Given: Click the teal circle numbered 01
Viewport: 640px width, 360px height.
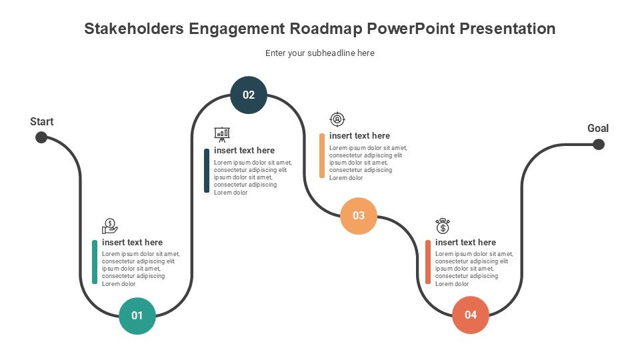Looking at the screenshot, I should [137, 316].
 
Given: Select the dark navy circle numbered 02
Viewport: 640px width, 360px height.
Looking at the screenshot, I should [249, 95].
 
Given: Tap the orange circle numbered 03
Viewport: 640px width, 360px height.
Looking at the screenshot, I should [359, 215].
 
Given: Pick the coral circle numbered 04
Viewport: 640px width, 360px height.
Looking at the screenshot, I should [471, 315].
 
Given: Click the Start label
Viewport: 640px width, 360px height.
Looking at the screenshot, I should [41, 121].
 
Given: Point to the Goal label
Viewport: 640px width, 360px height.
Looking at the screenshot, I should [598, 128].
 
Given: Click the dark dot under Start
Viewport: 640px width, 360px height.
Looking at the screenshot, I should [41, 137].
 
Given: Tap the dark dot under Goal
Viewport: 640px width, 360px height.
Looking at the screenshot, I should [599, 144].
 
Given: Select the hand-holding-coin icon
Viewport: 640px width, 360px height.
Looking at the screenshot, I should [110, 226].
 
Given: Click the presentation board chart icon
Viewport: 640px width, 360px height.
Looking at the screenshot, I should [222, 134].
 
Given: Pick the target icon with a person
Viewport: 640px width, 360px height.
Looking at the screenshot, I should [337, 119].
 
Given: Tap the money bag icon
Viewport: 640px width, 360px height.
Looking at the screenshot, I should [443, 226].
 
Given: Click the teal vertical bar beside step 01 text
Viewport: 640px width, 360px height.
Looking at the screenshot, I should [95, 262].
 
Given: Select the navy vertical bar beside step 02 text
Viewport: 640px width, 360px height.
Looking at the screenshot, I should [207, 170].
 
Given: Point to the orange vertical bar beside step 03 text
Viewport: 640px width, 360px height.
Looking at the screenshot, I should [322, 155].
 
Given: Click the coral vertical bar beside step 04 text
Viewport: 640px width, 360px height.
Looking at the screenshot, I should [428, 262].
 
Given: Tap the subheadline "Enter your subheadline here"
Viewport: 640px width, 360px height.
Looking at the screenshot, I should [320, 53].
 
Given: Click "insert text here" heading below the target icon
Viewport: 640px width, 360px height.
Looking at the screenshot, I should [359, 135].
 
